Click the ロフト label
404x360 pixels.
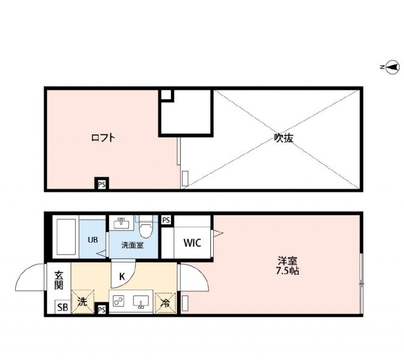click(x=102, y=139)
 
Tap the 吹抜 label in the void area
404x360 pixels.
click(x=284, y=139)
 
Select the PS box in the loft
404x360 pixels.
click(x=102, y=184)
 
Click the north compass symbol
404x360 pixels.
click(x=390, y=68)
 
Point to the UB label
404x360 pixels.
click(x=93, y=240)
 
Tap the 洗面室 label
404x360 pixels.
click(x=132, y=245)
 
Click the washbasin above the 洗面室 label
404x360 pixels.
click(x=122, y=223)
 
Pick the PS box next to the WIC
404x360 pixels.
click(x=166, y=220)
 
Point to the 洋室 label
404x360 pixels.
click(x=287, y=260)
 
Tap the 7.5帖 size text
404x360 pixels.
click(x=287, y=271)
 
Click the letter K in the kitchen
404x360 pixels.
click(x=123, y=276)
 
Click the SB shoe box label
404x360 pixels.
click(x=62, y=307)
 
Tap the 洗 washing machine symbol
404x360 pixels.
click(x=82, y=302)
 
